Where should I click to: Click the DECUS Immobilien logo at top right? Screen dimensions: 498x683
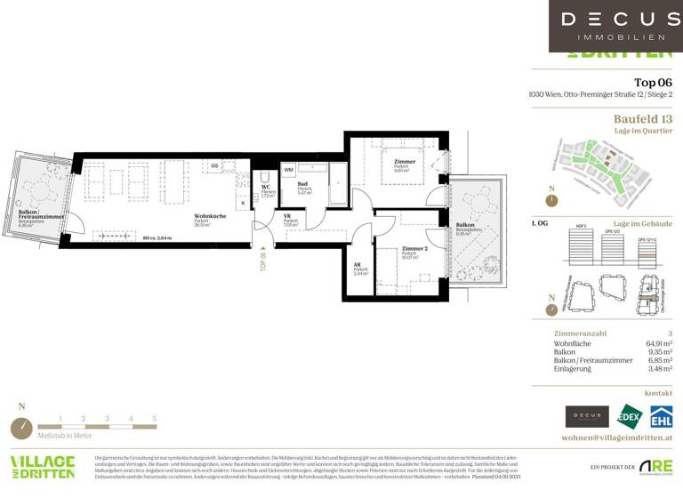point(615,26)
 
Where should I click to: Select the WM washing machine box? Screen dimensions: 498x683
point(288,169)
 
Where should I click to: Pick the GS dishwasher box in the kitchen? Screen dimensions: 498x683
point(215,166)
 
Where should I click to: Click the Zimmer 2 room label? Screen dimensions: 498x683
point(414,248)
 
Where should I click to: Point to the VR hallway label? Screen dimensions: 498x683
point(288,216)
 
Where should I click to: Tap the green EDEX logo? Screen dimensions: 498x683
point(630,415)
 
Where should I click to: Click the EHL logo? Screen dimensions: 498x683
point(661,415)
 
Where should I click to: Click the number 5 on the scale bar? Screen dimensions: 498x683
point(154,417)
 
